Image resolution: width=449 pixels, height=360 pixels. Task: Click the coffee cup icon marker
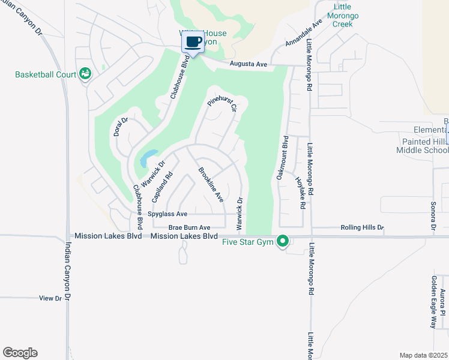(193, 42)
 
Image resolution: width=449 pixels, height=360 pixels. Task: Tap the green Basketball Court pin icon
(85, 73)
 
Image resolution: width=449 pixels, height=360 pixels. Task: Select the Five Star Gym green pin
(283, 242)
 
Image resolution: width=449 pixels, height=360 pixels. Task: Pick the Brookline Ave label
(211, 184)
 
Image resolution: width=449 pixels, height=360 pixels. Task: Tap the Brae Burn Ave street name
(189, 227)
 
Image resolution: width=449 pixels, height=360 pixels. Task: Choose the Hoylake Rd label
(300, 191)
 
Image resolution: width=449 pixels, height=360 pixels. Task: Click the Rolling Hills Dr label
(361, 227)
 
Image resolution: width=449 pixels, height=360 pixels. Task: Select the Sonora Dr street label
(432, 216)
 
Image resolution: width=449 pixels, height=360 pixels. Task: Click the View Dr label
(50, 298)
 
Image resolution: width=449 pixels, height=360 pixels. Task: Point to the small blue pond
(148, 158)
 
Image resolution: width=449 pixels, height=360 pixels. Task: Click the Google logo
(20, 353)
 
